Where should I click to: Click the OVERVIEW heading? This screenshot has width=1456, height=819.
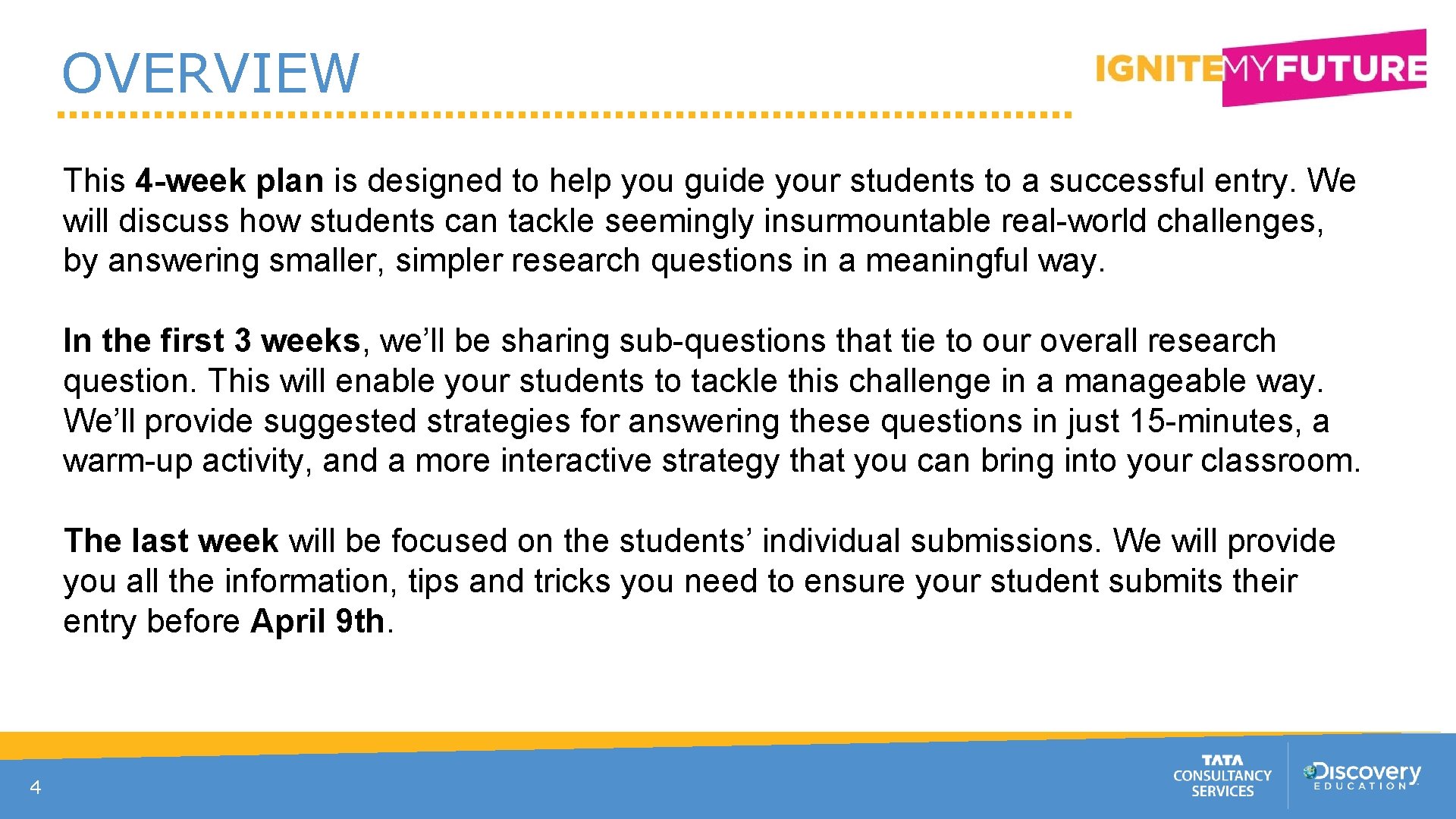click(x=210, y=74)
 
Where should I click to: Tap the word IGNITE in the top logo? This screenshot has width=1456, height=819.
click(x=1158, y=69)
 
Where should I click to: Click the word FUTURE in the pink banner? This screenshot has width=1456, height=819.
click(x=1350, y=68)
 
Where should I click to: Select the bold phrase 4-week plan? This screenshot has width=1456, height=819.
click(x=230, y=181)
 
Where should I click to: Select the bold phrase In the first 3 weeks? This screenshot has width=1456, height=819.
click(x=212, y=341)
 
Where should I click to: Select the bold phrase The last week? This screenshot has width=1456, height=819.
click(x=171, y=541)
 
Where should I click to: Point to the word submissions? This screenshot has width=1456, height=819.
click(x=1004, y=541)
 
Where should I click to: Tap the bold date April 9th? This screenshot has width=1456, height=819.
click(x=317, y=622)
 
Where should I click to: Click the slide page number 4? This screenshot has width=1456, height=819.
click(x=35, y=788)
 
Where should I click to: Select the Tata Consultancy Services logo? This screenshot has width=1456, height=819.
click(x=1222, y=776)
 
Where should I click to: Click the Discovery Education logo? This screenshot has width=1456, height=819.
click(x=1362, y=775)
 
